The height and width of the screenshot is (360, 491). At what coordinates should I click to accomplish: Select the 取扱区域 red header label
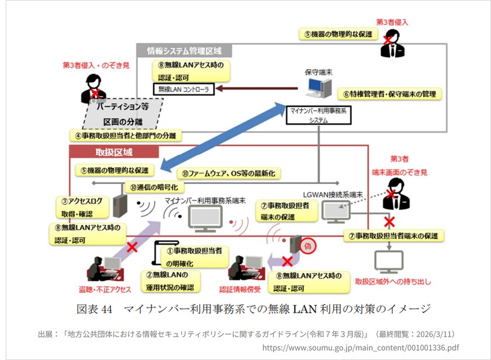click(114, 153)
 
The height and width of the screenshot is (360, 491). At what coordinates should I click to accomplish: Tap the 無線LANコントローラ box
click(184, 89)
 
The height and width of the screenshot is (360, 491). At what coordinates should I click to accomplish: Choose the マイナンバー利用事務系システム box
click(319, 115)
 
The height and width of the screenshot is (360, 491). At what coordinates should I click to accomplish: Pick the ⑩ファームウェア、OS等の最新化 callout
click(230, 173)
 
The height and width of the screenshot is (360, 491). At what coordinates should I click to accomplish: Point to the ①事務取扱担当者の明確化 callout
click(193, 257)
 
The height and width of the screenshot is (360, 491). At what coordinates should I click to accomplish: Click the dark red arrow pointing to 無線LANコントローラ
click(255, 89)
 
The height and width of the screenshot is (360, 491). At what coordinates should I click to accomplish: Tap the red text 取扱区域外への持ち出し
click(392, 282)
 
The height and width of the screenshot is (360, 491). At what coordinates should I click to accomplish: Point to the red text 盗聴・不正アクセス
click(105, 289)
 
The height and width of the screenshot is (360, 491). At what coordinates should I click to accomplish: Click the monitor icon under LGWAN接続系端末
click(336, 211)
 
